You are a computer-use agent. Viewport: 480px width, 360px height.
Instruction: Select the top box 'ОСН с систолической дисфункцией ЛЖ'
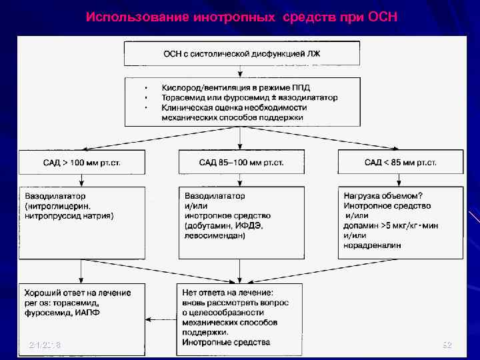pos(241,54)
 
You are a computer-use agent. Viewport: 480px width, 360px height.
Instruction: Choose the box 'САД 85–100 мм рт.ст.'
pos(241,162)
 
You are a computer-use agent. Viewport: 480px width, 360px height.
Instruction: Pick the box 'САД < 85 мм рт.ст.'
pos(400,162)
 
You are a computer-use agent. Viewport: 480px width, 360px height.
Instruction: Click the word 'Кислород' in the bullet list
pos(180,87)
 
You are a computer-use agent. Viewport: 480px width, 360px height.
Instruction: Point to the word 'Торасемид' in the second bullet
pos(183,97)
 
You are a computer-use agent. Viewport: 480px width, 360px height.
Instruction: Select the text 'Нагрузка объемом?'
pos(383,196)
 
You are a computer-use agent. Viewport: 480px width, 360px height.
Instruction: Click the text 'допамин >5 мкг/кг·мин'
pos(391,226)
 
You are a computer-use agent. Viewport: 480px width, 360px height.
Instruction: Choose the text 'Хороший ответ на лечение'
pos(77,293)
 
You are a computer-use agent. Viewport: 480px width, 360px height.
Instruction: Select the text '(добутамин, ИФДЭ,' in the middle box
pos(223,226)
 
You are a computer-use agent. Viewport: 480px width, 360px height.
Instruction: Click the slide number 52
pos(447,345)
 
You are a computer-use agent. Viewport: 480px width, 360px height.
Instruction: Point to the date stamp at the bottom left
pos(45,345)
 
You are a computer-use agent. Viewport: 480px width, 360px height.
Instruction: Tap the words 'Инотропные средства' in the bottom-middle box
pos(226,342)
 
